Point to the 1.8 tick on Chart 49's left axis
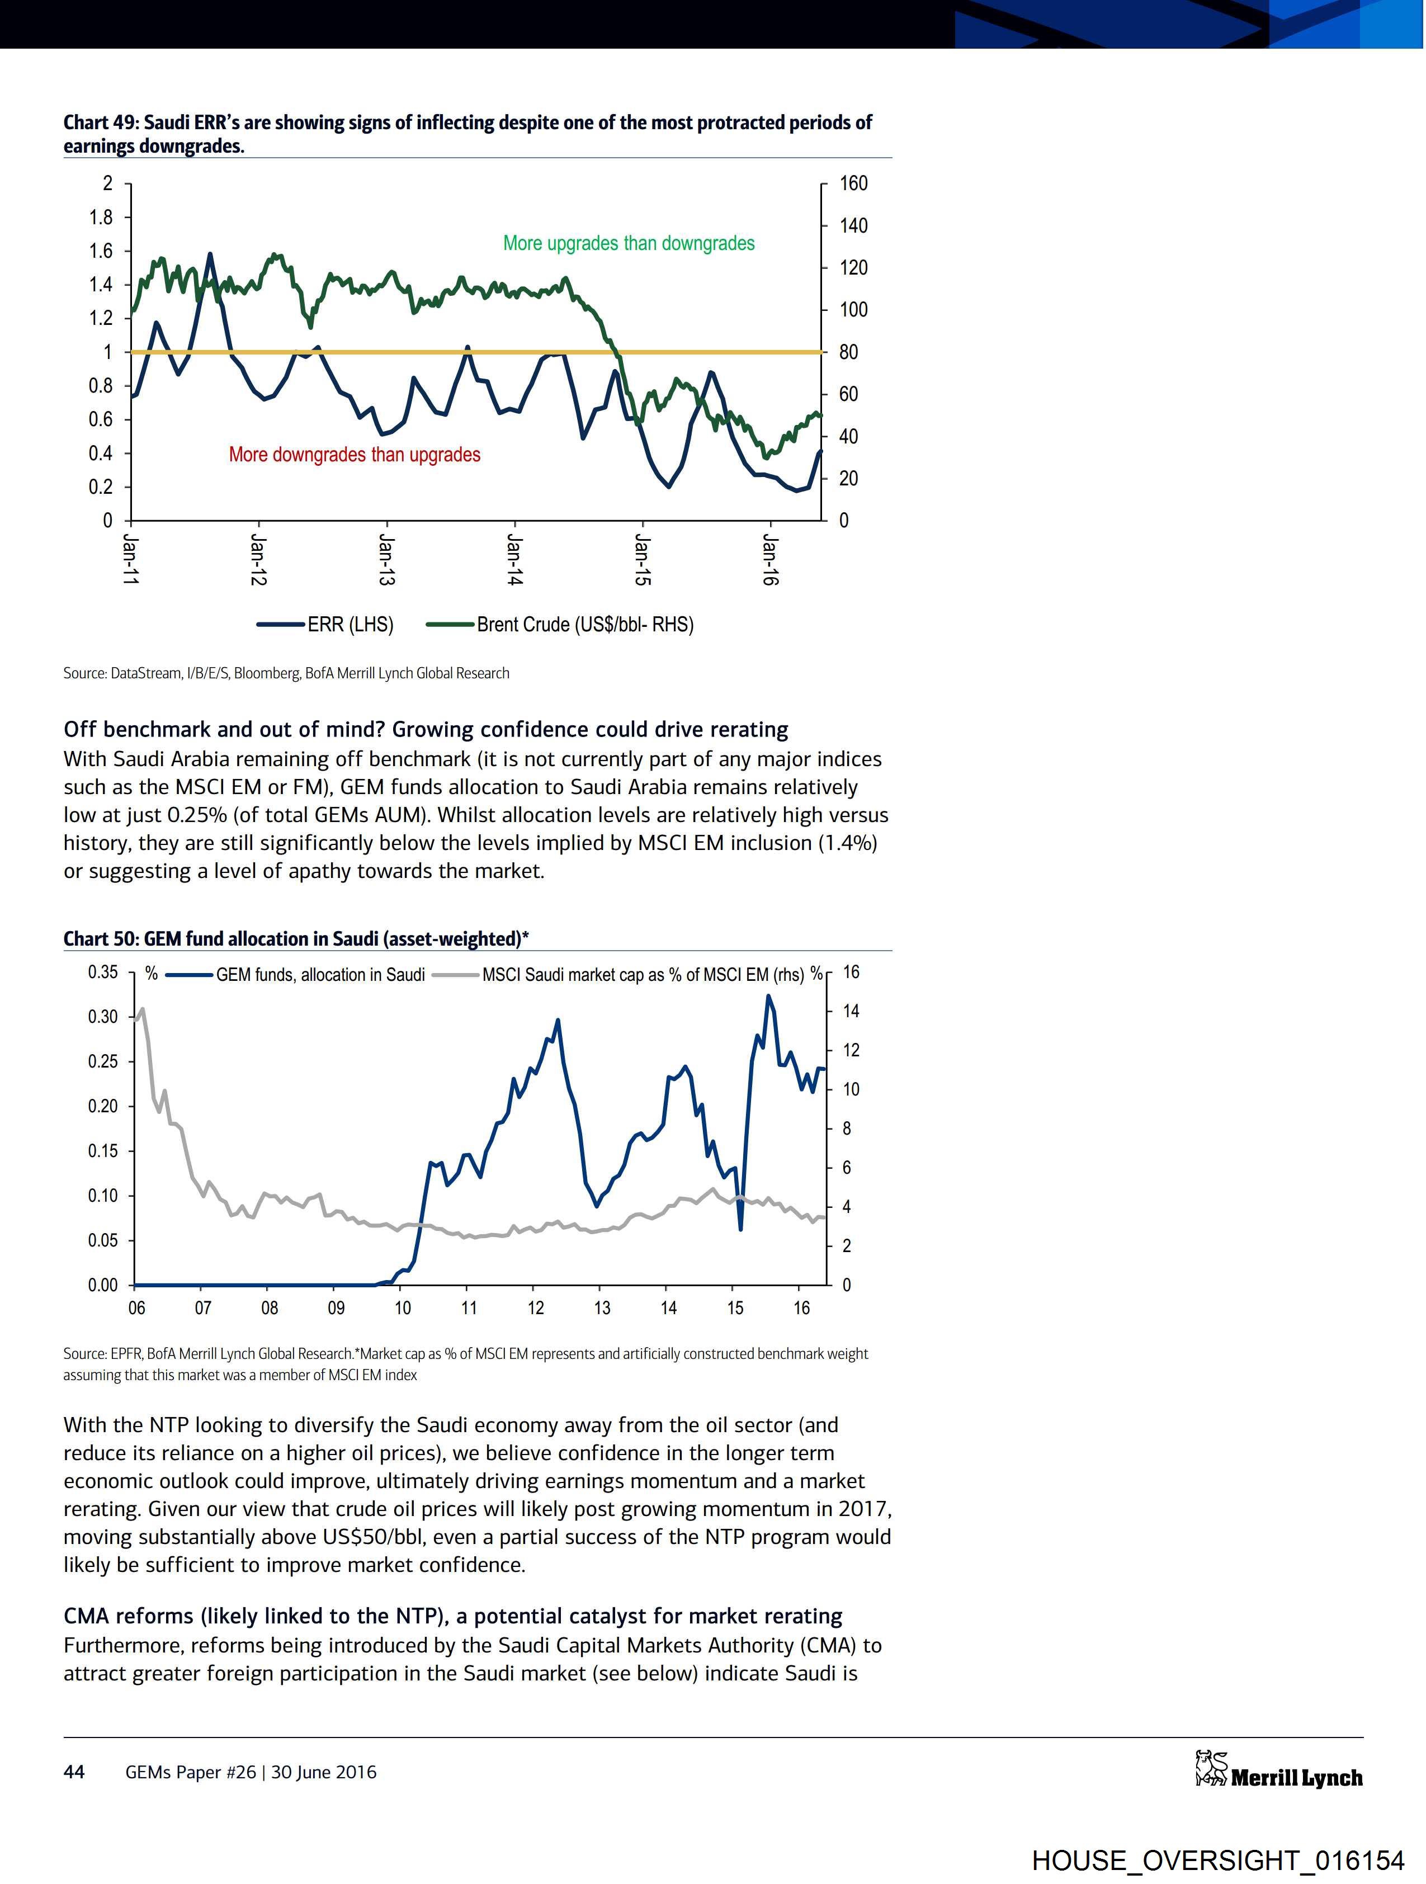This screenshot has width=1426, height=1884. (x=101, y=217)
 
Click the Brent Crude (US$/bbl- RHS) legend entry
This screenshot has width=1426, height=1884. (x=584, y=624)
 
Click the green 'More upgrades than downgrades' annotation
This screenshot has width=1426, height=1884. (x=629, y=244)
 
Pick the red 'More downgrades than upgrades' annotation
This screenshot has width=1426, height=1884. (x=355, y=455)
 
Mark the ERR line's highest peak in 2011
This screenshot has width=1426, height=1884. (x=210, y=254)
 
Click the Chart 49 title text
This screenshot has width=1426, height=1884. (x=467, y=134)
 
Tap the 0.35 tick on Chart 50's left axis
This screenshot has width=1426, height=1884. (x=102, y=972)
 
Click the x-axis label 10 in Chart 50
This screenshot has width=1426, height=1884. (x=402, y=1307)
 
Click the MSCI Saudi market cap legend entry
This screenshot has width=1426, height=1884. (x=643, y=974)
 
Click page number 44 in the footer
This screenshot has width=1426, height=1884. (x=74, y=1772)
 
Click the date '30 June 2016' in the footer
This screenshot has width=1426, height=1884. (x=324, y=1772)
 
